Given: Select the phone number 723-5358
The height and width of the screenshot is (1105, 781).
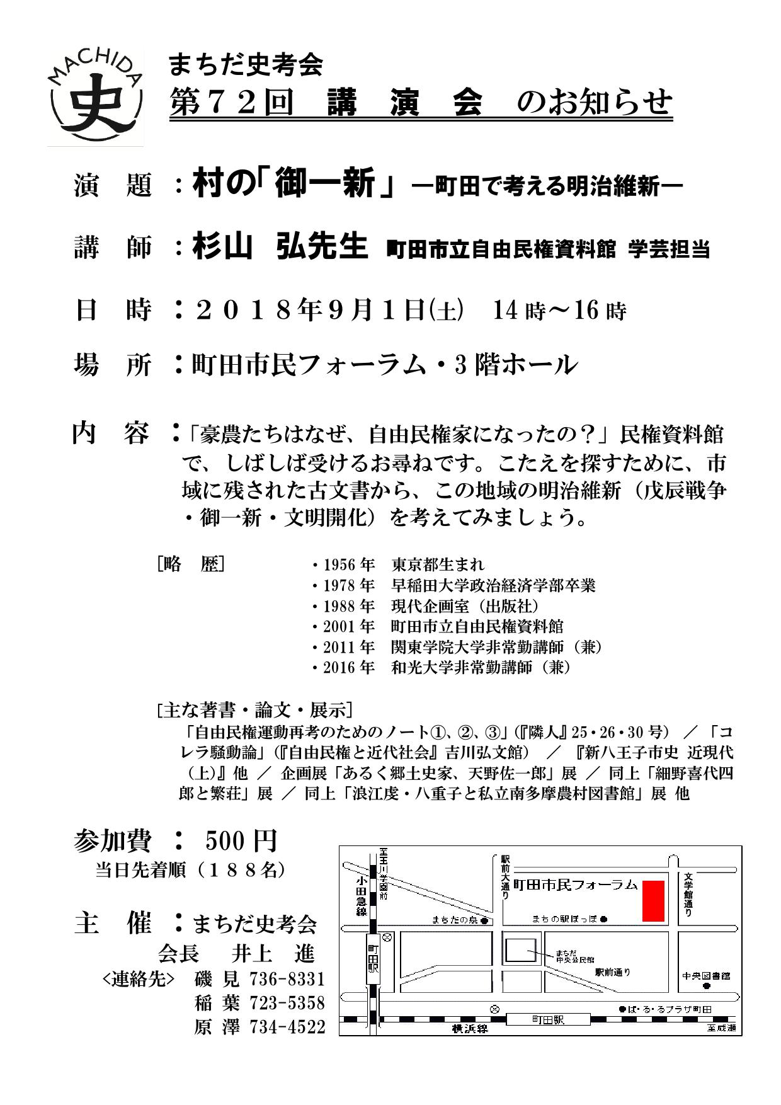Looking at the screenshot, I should (x=287, y=1002).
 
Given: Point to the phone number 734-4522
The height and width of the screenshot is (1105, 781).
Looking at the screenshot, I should (x=287, y=1027).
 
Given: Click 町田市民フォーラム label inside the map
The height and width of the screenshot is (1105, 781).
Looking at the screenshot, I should (x=576, y=885).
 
